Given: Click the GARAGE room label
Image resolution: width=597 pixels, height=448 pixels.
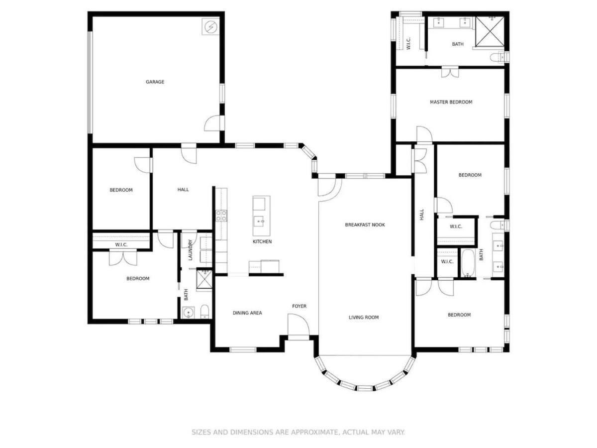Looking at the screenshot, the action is tap(155, 82).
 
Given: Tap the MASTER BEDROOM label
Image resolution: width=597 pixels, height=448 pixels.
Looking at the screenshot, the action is tap(451, 102).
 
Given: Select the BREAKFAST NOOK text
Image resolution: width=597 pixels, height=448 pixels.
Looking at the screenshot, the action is tap(365, 224).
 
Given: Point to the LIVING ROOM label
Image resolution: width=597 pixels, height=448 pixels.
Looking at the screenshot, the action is tap(363, 317).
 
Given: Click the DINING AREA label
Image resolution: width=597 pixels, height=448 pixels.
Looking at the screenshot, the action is tap(247, 313).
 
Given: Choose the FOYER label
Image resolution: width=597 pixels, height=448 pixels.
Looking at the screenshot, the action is tap(299, 306).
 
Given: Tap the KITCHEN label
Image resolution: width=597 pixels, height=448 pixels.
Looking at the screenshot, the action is tap(262, 241).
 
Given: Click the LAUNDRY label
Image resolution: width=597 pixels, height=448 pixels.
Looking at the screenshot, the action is tap(190, 250).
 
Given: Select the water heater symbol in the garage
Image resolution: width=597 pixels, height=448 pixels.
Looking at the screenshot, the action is tap(210, 26).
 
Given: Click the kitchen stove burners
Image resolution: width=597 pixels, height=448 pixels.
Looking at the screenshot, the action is tap(221, 216).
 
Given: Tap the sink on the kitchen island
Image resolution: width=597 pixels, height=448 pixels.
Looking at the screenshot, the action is tap(259, 221).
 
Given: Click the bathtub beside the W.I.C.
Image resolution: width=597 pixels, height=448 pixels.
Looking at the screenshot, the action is tap(468, 263).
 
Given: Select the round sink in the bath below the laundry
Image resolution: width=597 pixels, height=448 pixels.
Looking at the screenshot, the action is tap(188, 313).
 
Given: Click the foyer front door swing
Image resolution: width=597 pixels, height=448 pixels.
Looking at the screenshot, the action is tap(298, 325).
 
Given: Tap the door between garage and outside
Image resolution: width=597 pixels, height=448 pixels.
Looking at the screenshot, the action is tap(214, 123).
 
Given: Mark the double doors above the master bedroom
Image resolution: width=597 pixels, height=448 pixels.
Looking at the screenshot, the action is tap(450, 72).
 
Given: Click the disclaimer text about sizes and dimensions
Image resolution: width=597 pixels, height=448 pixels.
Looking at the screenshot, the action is tap(298, 432).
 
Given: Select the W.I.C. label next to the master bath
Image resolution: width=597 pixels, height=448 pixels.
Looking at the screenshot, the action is tap(408, 43).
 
